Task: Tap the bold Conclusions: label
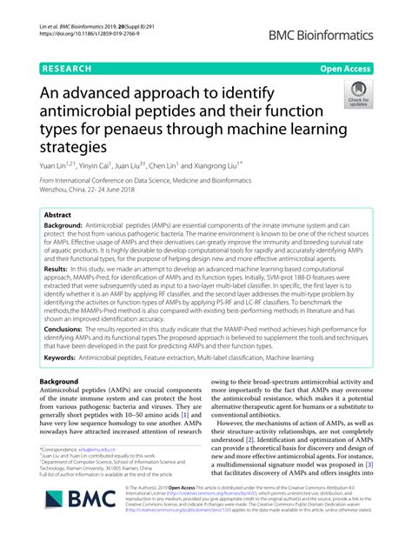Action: [x=70, y=330]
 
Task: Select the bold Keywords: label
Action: [x=67, y=358]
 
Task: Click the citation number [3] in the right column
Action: [x=369, y=489]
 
